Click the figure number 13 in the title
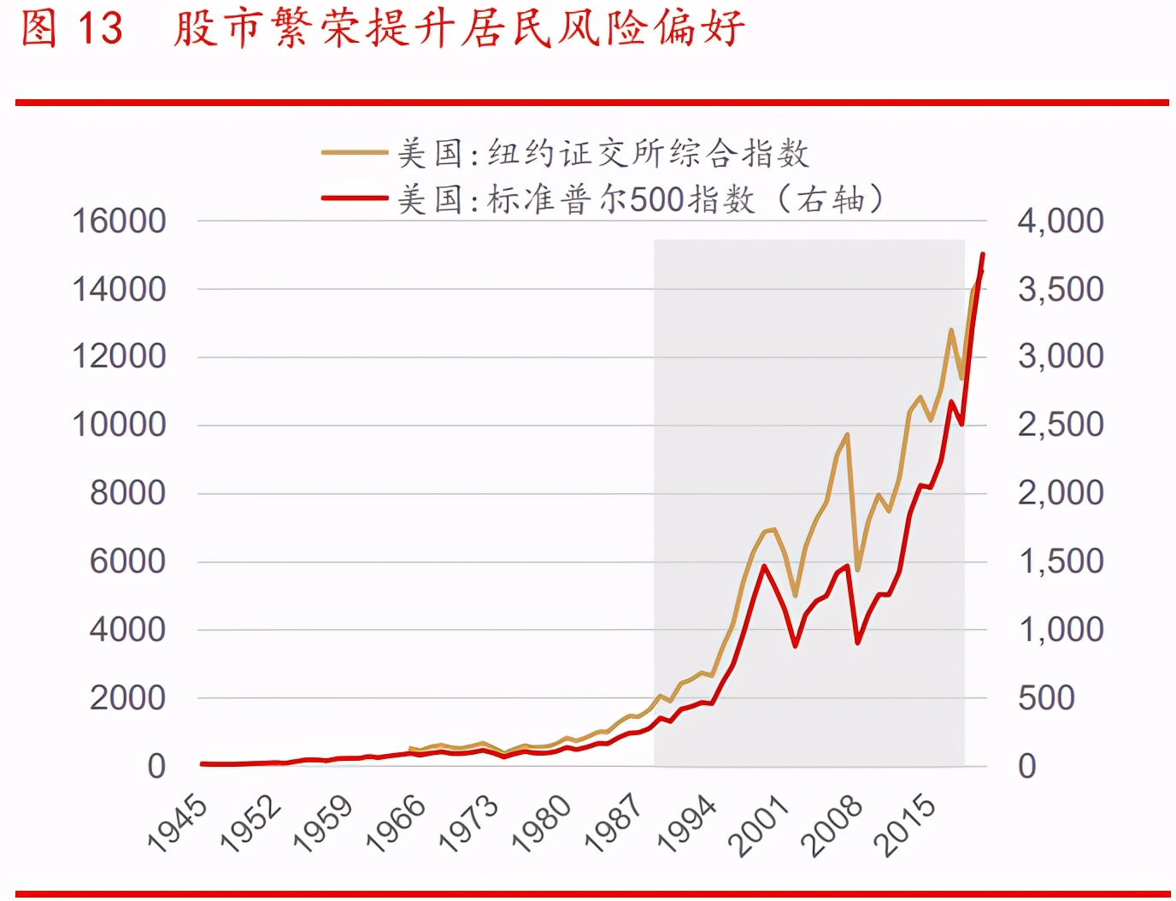point(100,28)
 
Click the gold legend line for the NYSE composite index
point(355,153)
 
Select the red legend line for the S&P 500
point(355,198)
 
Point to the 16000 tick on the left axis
point(119,221)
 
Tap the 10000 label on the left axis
point(119,424)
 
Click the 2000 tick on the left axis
point(127,698)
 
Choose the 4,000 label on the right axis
point(1060,221)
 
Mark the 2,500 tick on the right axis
point(1060,424)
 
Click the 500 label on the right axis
point(1046,698)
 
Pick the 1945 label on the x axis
point(178,822)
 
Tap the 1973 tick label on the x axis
point(468,822)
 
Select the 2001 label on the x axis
point(759,824)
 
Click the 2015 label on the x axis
point(905,824)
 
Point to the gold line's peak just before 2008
point(847,434)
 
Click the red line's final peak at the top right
point(983,254)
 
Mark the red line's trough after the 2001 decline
point(796,645)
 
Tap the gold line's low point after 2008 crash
point(857,568)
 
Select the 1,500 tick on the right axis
point(1060,561)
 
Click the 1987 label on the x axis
point(614,822)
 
